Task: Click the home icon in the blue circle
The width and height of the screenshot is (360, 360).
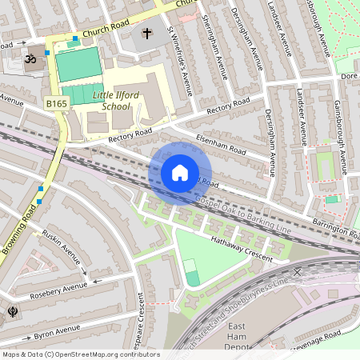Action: point(180,173)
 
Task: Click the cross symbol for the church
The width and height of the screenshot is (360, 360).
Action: point(147,34)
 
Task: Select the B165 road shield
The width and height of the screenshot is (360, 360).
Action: point(56,104)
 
